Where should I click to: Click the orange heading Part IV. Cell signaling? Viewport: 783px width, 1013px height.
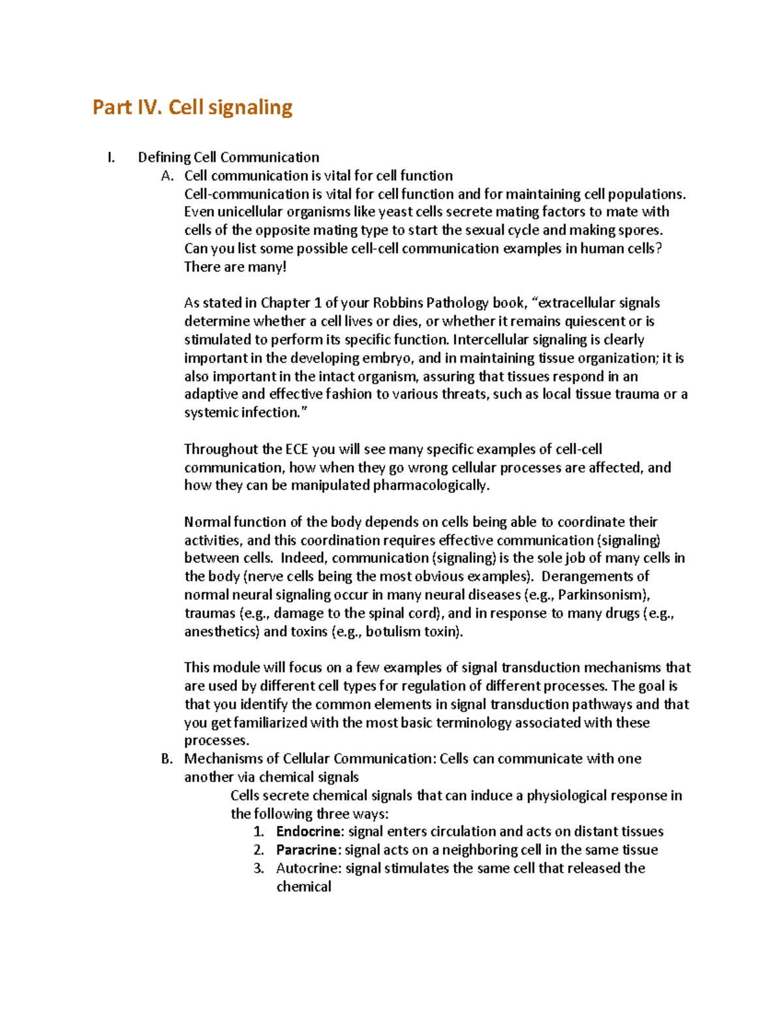pos(192,107)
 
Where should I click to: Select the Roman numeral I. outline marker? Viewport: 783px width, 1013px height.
pos(111,157)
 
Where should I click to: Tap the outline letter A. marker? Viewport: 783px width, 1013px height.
pos(168,175)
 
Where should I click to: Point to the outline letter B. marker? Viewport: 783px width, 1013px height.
pos(167,759)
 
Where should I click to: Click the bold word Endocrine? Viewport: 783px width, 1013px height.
pos(309,831)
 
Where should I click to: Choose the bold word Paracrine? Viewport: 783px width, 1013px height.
pos(307,849)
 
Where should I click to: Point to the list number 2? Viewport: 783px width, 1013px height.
pos(259,849)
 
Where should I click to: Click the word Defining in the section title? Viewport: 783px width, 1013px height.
pos(164,157)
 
